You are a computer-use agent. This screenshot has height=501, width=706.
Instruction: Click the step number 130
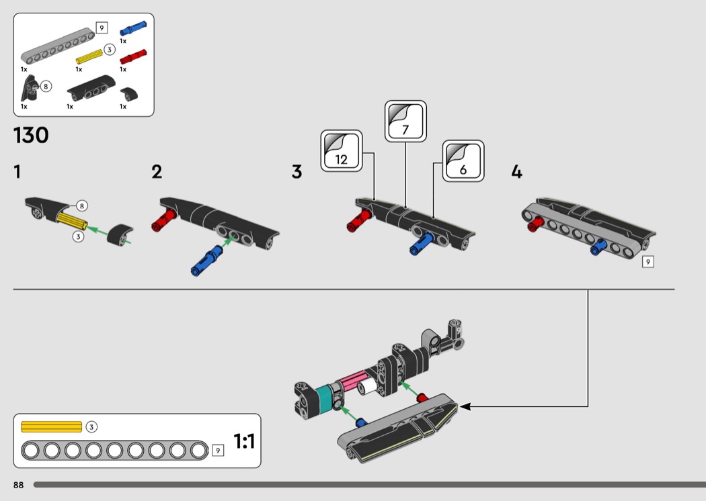pos(31,135)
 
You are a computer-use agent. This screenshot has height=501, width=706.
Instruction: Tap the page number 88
pos(18,485)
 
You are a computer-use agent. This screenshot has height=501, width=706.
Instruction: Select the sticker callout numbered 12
pos(342,151)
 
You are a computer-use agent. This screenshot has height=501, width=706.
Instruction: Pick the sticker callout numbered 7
pos(405,122)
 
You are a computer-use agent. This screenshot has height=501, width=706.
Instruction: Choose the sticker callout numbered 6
pos(463,161)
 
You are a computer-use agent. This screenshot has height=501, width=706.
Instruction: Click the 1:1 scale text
pos(244,441)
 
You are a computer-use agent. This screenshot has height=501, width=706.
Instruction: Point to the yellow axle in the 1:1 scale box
pos(51,427)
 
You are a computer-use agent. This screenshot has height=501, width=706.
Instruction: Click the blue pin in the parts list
pos(133,28)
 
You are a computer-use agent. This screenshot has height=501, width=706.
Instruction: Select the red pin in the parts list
pos(133,56)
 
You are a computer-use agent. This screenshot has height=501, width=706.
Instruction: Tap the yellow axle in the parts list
pos(89,56)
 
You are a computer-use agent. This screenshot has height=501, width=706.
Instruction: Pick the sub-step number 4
pos(516,172)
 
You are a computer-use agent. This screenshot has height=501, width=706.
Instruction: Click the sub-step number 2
pos(157,172)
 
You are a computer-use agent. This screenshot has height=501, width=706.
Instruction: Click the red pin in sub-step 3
pos(359,220)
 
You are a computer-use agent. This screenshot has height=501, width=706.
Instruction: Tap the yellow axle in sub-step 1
pos(71,220)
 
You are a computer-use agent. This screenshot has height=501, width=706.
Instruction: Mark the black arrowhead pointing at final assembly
pos(465,406)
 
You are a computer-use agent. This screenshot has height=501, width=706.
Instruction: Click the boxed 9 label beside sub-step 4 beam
pos(648,262)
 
